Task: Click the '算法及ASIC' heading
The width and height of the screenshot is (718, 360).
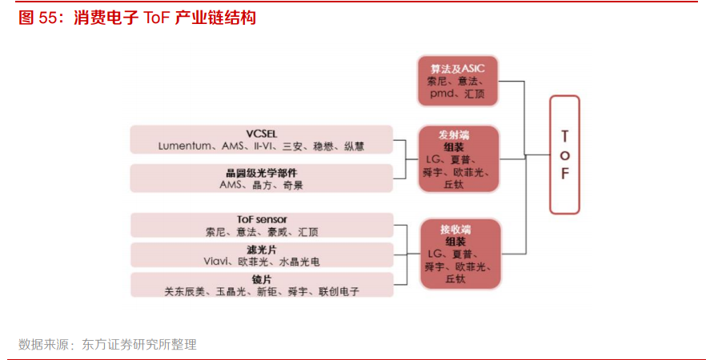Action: [x=457, y=69]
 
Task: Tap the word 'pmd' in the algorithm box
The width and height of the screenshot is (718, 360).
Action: [x=441, y=94]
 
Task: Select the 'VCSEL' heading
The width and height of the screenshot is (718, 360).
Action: [x=261, y=133]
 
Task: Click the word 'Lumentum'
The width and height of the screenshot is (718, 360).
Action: [x=187, y=146]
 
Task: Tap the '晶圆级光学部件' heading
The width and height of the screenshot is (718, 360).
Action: [x=261, y=172]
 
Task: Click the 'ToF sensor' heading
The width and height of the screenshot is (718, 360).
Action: [x=262, y=219]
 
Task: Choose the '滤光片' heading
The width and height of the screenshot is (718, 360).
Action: [x=262, y=250]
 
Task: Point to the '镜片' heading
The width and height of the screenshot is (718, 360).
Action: [x=262, y=279]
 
